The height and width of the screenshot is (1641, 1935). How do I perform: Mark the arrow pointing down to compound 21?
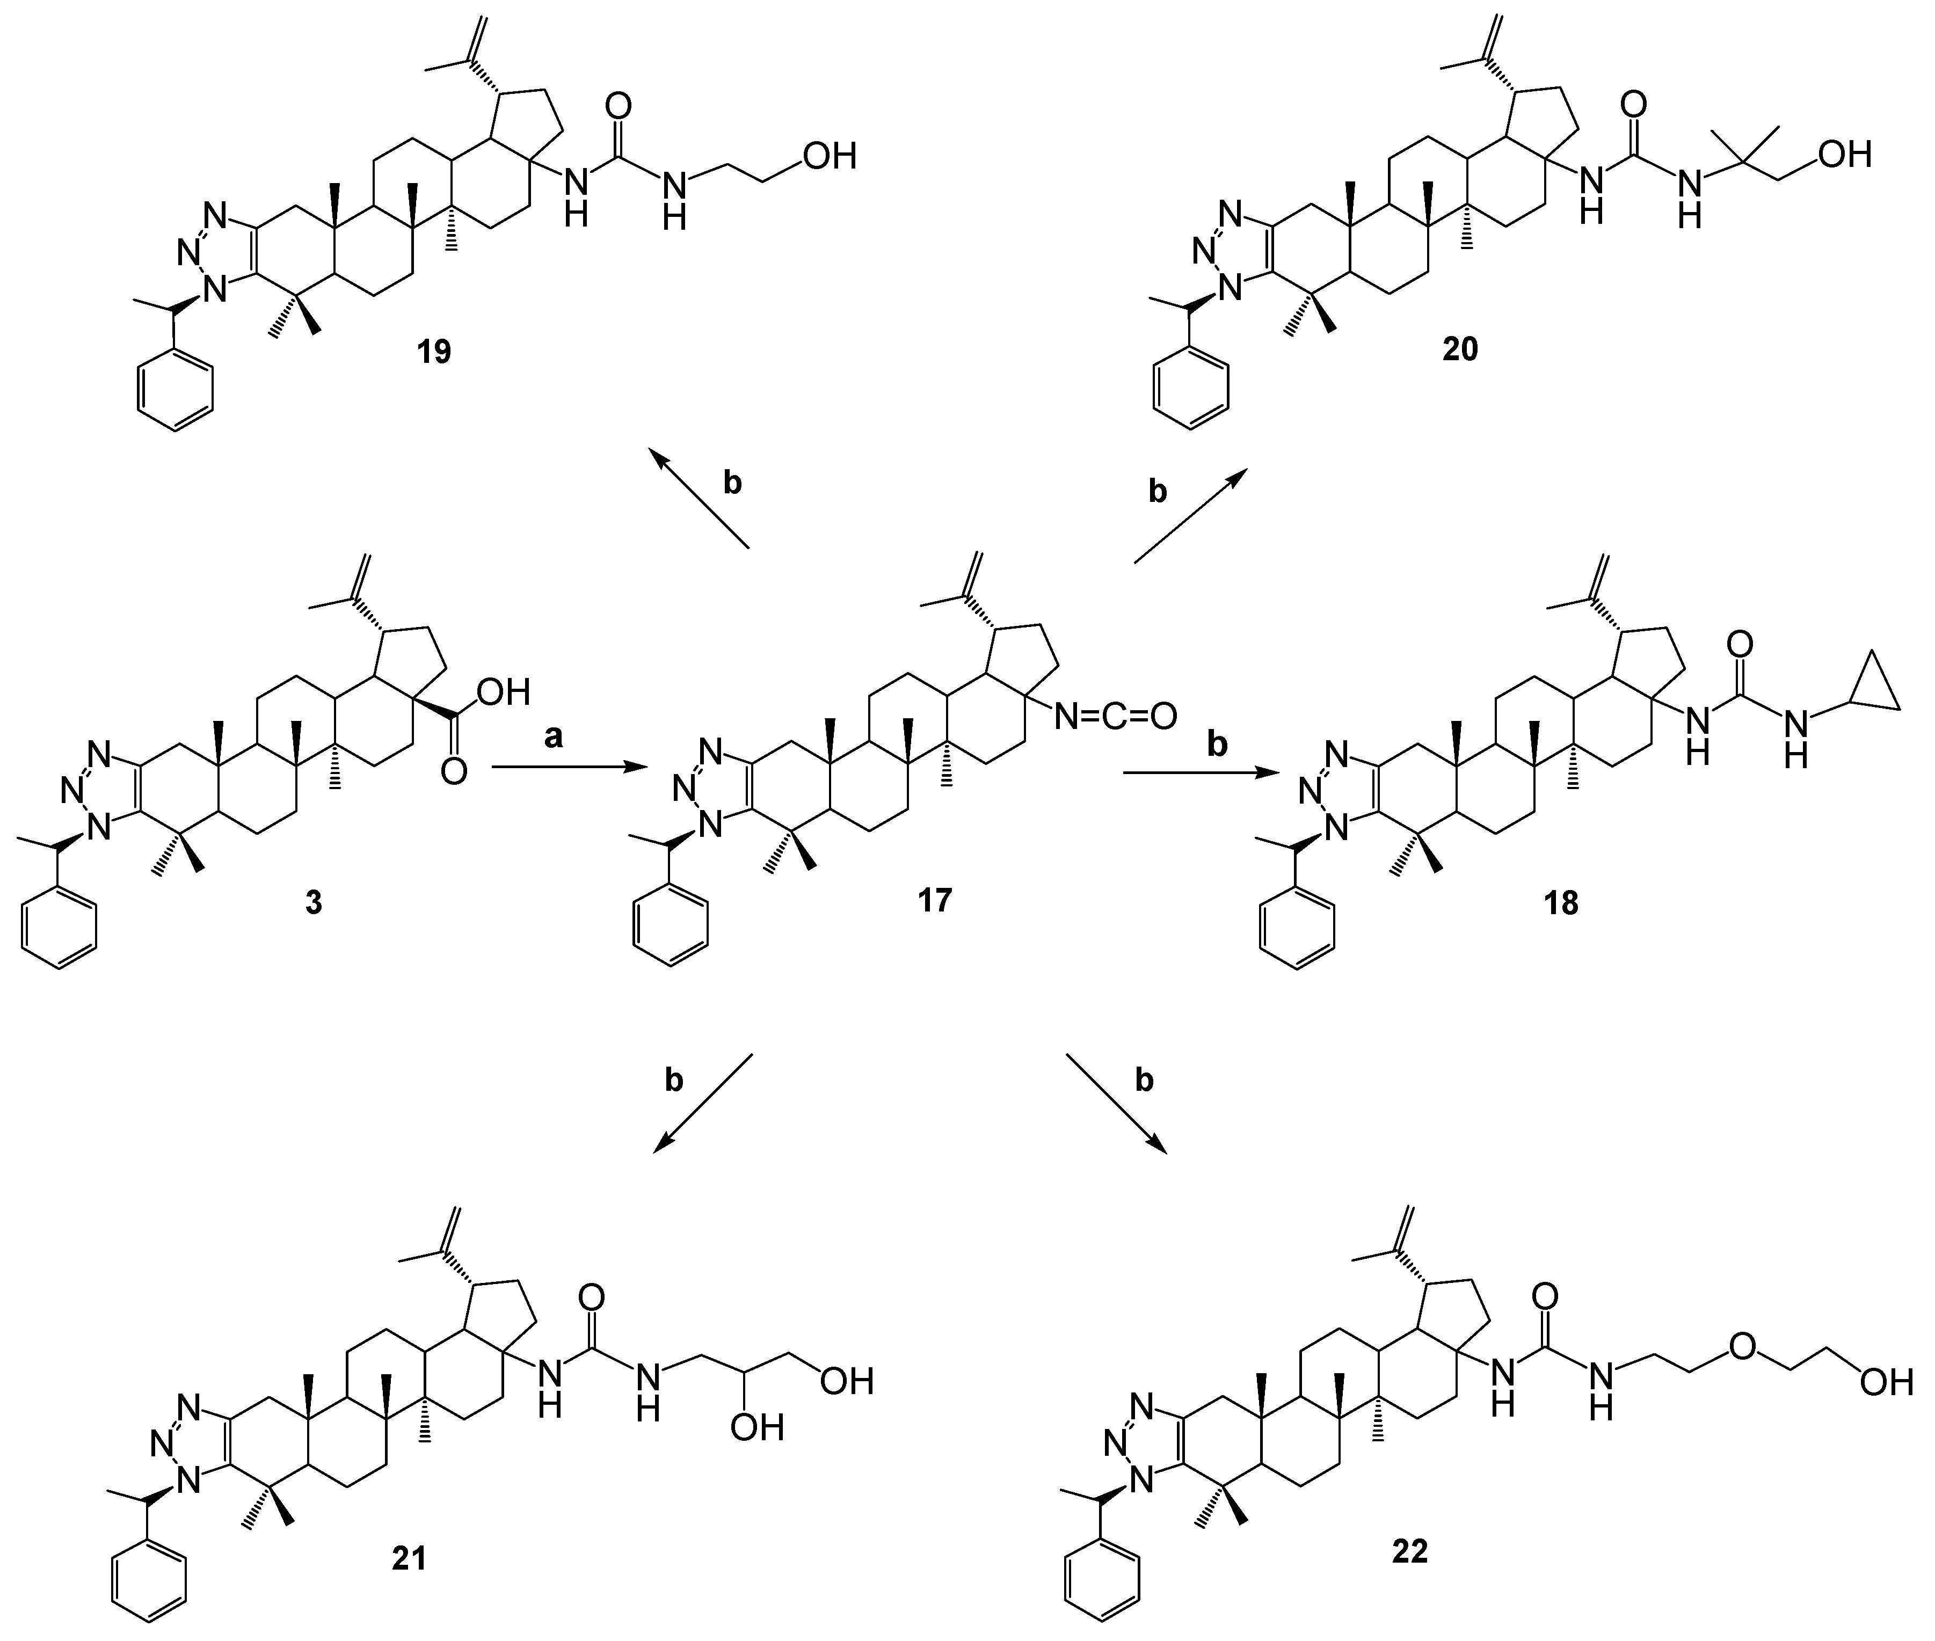702,1103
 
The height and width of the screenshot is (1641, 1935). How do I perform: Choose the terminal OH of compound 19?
830,155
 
